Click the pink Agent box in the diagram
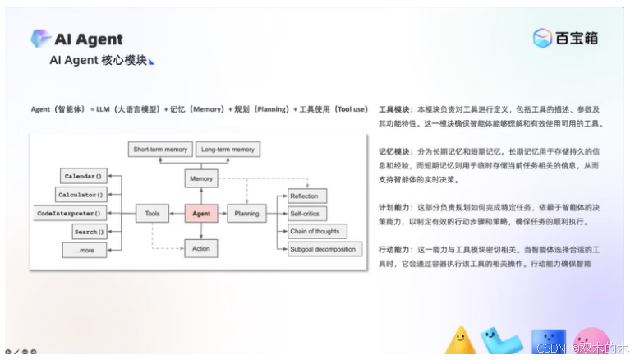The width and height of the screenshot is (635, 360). click(x=201, y=214)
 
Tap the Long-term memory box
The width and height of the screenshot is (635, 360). click(x=228, y=150)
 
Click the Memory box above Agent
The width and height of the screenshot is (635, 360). click(x=201, y=178)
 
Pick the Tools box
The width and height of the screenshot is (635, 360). click(x=153, y=214)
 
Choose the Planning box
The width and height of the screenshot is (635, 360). click(x=247, y=214)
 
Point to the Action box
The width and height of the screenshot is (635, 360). click(x=201, y=248)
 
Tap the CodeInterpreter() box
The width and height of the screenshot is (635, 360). click(x=71, y=214)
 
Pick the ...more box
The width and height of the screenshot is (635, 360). click(x=85, y=249)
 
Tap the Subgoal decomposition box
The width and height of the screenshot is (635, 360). click(x=323, y=249)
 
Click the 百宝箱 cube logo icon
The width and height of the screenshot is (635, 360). click(x=542, y=38)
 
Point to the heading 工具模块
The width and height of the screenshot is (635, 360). click(x=394, y=109)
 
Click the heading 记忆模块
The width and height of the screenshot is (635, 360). click(x=394, y=152)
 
